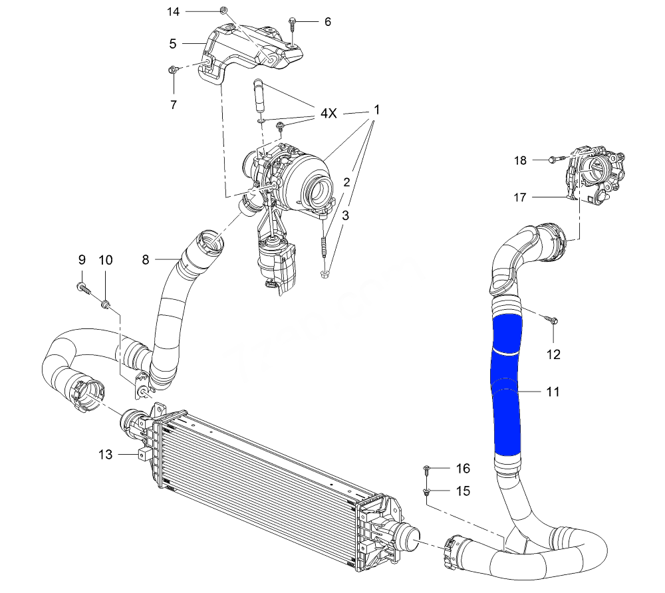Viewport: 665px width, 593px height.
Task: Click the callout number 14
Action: pyautogui.click(x=173, y=11)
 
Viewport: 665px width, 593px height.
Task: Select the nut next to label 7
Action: pyautogui.click(x=173, y=69)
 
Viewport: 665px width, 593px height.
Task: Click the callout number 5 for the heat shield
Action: pyautogui.click(x=173, y=44)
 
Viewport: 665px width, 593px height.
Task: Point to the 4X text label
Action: pyautogui.click(x=329, y=114)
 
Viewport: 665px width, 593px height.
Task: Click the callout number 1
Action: pyautogui.click(x=376, y=108)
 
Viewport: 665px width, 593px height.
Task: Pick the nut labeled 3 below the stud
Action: pyautogui.click(x=324, y=273)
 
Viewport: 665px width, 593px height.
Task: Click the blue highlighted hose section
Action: pyautogui.click(x=507, y=386)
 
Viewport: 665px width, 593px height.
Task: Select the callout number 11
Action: pyautogui.click(x=553, y=392)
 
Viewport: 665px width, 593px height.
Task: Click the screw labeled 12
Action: pyautogui.click(x=553, y=320)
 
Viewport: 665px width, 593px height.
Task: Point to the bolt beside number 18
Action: pyautogui.click(x=555, y=160)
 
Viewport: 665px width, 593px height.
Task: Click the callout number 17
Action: pyautogui.click(x=520, y=197)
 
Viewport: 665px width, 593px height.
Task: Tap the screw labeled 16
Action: pyautogui.click(x=426, y=469)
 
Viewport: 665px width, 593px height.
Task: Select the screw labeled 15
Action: pyautogui.click(x=426, y=492)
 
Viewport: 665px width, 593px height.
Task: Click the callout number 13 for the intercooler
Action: pyautogui.click(x=105, y=455)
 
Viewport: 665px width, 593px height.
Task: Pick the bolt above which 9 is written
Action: pyautogui.click(x=82, y=287)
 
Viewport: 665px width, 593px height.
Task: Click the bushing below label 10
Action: pyautogui.click(x=106, y=304)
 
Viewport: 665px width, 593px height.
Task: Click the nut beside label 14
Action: pyautogui.click(x=223, y=11)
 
